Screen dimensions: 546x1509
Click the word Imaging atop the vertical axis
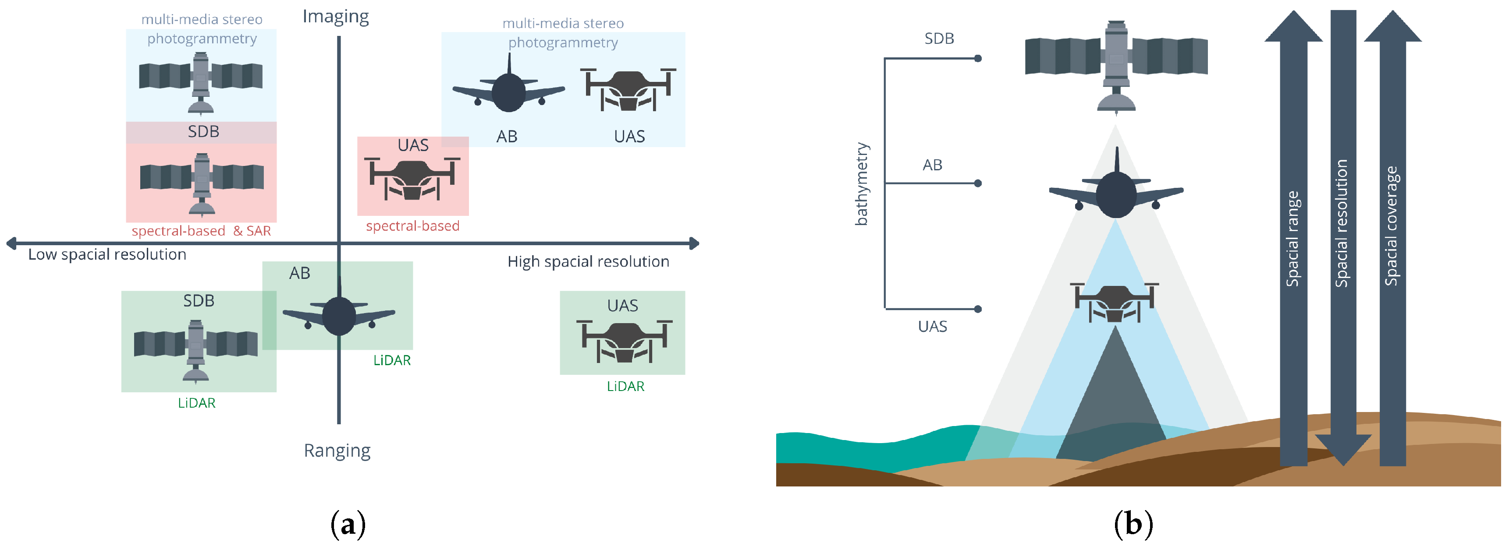(x=336, y=16)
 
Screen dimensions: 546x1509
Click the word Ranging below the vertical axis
(x=337, y=451)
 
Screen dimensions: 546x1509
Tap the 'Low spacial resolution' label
(x=107, y=254)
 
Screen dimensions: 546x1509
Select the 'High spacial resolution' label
(x=588, y=261)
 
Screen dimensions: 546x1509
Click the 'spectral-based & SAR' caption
(x=201, y=231)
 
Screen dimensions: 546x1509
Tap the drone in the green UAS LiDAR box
(x=624, y=341)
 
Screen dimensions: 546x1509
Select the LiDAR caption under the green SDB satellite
(x=197, y=403)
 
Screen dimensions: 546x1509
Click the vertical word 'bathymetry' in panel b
(x=861, y=184)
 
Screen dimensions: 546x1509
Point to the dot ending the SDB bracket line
(x=978, y=59)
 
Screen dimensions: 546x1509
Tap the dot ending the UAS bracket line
(x=978, y=309)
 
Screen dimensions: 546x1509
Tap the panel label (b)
(x=1133, y=524)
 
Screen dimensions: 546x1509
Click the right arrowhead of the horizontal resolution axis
(x=694, y=243)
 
